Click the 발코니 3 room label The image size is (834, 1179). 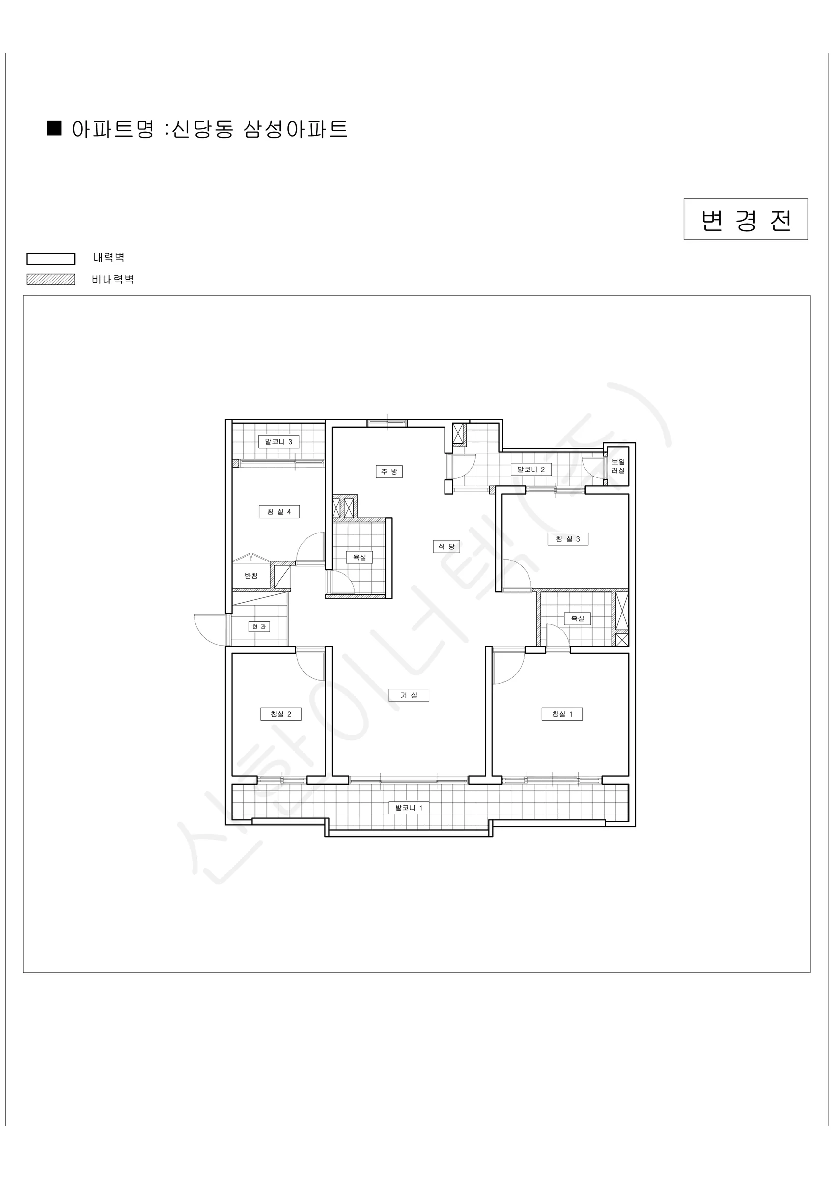278,442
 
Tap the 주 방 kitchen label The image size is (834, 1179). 389,472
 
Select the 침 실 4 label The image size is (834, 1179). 279,512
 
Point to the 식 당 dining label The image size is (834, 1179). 446,546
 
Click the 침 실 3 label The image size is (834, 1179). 567,539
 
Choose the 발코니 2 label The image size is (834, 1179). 531,469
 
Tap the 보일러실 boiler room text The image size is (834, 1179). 618,466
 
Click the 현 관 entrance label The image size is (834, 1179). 259,627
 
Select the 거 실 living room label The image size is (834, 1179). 409,695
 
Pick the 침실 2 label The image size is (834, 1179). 281,714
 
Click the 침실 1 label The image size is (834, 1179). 562,714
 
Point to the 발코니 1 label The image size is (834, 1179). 409,808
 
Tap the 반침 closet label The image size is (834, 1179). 251,576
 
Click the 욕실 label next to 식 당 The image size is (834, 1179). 360,557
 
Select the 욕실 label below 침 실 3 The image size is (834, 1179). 578,619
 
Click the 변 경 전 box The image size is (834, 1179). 746,219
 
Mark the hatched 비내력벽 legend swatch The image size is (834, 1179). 51,280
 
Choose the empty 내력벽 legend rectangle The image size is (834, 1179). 51,259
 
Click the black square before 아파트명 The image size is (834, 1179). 55,128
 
